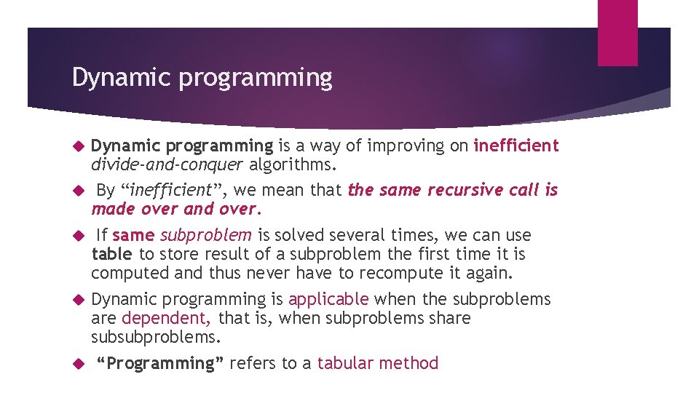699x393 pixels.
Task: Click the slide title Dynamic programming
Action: coord(202,77)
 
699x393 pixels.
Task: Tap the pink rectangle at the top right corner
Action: coord(617,33)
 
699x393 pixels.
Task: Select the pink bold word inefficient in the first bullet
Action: coord(516,146)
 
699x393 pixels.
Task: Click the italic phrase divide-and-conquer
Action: coord(167,164)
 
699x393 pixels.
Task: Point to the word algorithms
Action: coord(293,164)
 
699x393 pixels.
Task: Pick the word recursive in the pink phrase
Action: coord(462,190)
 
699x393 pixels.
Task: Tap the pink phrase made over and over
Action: coord(175,209)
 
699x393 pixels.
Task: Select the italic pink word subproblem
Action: coord(206,235)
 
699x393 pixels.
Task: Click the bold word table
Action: coord(111,254)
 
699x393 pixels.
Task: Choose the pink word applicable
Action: coord(328,299)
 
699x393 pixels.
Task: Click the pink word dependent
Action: coord(167,318)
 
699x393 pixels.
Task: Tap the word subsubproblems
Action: coord(155,337)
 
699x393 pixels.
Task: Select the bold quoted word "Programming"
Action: coord(161,363)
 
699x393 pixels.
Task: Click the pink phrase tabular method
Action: coord(378,363)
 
